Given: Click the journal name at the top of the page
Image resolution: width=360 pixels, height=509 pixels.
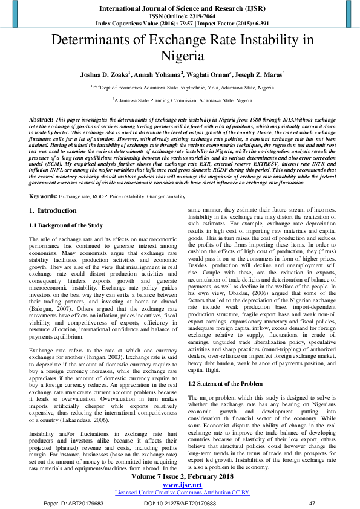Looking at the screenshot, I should pos(179,9).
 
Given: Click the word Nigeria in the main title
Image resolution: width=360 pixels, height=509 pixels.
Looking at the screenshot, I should pos(180,57).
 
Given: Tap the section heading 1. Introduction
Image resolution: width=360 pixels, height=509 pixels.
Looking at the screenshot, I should pos(53,210).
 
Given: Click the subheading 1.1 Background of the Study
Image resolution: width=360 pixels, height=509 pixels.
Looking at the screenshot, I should pos(67,225).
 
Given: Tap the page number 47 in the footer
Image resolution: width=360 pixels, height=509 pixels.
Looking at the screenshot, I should pos(312,503).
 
